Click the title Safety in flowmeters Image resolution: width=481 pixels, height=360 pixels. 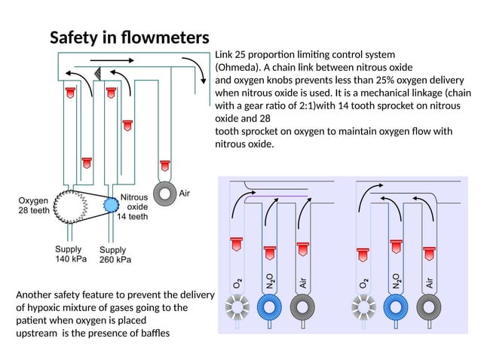pyautogui.click(x=129, y=38)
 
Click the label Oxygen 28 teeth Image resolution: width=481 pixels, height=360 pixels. pyautogui.click(x=33, y=206)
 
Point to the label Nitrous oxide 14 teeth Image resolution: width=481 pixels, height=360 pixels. pyautogui.click(x=133, y=206)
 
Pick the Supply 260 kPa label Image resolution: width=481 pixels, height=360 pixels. pyautogui.click(x=115, y=255)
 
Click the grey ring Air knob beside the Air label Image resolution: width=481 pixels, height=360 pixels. pyautogui.click(x=164, y=194)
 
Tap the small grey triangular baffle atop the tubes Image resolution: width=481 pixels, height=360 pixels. pyautogui.click(x=97, y=72)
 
